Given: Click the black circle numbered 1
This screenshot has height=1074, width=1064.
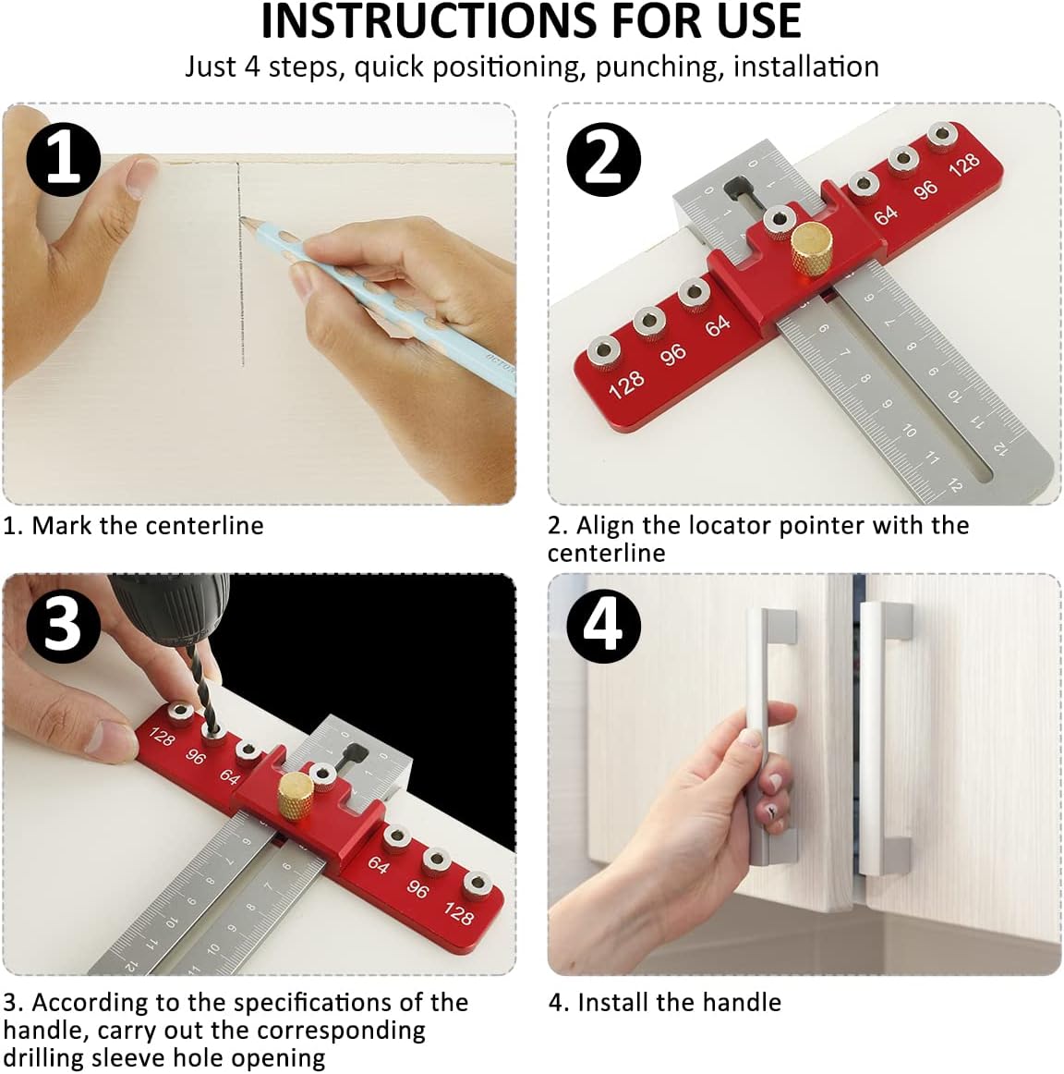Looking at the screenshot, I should pyautogui.click(x=63, y=158).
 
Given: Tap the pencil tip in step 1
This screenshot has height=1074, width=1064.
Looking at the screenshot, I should pyautogui.click(x=244, y=220).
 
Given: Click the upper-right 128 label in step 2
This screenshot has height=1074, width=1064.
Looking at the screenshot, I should pyautogui.click(x=963, y=165).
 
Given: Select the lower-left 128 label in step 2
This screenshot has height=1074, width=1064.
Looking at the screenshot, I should pyautogui.click(x=626, y=384).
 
